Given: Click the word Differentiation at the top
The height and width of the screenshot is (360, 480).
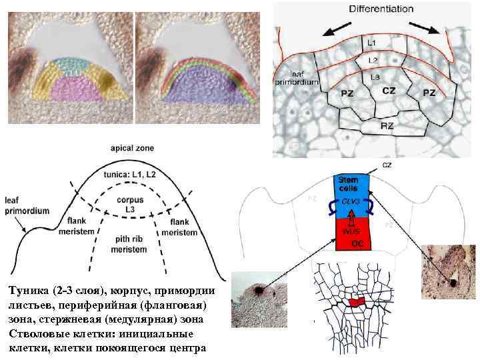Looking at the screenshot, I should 381,9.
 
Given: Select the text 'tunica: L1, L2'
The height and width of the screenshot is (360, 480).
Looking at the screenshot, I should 131,173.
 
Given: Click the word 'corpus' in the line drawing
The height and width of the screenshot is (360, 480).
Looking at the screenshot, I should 130,199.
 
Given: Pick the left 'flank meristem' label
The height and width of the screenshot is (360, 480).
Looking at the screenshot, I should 85,227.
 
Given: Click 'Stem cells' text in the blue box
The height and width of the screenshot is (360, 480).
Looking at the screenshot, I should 349,183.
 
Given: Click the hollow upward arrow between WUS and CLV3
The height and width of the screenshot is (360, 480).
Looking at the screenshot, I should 351,215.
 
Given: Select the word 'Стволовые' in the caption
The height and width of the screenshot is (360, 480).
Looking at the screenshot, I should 36,334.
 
